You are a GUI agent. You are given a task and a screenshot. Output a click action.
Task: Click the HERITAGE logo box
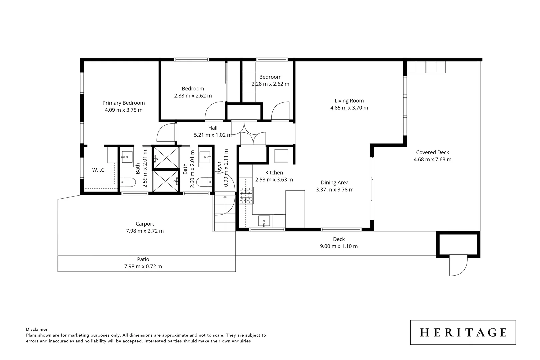(x=463, y=332)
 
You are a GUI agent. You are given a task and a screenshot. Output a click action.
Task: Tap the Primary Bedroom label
(x=123, y=103)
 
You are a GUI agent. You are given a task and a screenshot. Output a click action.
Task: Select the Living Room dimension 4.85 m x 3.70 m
(x=349, y=108)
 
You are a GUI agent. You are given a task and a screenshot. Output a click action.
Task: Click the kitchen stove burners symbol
(x=246, y=196)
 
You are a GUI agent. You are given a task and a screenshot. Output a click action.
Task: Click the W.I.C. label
(x=99, y=170)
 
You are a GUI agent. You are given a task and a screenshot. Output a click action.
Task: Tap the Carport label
(x=145, y=224)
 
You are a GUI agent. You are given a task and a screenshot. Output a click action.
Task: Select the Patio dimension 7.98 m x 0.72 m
(x=143, y=266)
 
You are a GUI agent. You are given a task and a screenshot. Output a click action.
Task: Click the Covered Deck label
(x=432, y=152)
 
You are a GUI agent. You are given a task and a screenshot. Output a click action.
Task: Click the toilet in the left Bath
(x=128, y=182)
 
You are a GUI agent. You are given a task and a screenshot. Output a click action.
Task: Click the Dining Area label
(x=334, y=182)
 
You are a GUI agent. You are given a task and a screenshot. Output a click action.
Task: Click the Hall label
(x=213, y=128)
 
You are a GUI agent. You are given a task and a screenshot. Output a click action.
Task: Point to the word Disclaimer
(x=37, y=329)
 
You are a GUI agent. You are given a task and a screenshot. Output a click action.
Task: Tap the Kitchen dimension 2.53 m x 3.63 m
(x=274, y=180)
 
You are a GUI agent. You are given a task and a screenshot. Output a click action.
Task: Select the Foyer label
(x=219, y=168)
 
